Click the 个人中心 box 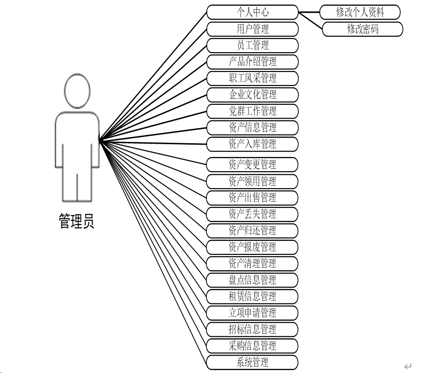(253, 12)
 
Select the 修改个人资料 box (360, 12)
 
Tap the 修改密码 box (362, 29)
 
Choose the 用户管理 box (253, 29)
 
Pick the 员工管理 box (253, 45)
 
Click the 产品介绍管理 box (253, 62)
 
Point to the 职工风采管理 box (253, 78)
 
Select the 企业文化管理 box (253, 95)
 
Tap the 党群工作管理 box (253, 111)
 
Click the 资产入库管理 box (253, 144)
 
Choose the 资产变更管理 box (253, 165)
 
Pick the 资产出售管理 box (253, 198)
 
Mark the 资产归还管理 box (253, 230)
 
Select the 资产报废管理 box (253, 247)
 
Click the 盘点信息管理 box (253, 280)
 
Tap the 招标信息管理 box (253, 329)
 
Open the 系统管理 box (253, 362)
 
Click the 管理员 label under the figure (77, 222)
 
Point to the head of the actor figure (77, 92)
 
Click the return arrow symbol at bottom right (408, 366)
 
